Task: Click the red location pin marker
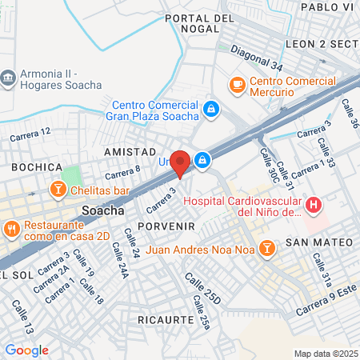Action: pos(180,162)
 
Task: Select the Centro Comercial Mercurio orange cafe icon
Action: pos(237,83)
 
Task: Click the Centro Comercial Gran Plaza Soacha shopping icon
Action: pos(211,108)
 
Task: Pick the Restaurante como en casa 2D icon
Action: pos(10,229)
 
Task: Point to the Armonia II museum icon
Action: pos(8,77)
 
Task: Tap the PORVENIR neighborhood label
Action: pos(166,226)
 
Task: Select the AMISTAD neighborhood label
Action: pos(129,151)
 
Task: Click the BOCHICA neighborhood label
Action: pos(37,166)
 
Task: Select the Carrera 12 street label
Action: pos(31,135)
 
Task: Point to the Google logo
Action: pos(26,350)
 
